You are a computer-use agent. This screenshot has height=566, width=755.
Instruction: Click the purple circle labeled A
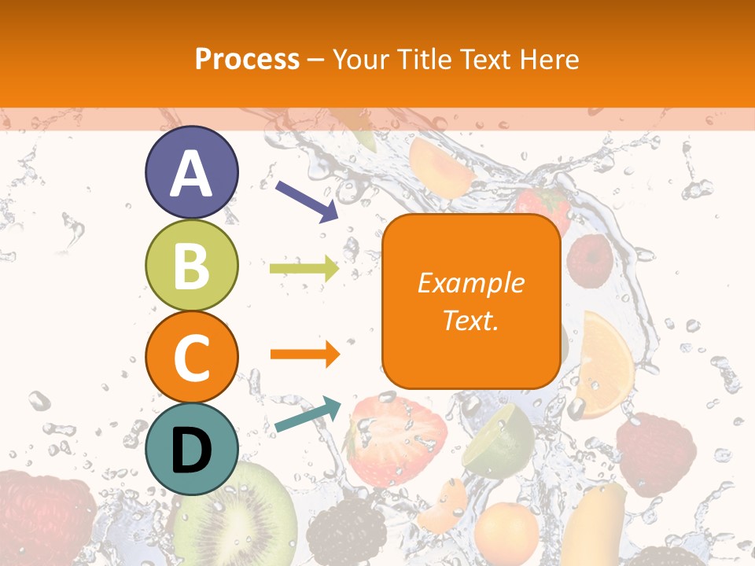pyautogui.click(x=191, y=172)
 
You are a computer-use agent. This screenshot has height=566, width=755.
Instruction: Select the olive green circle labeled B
pyautogui.click(x=191, y=265)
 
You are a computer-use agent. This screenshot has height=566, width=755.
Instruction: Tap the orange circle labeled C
pyautogui.click(x=191, y=357)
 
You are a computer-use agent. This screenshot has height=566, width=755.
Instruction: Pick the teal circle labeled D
pyautogui.click(x=191, y=449)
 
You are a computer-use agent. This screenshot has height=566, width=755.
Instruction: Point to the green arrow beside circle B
pyautogui.click(x=304, y=269)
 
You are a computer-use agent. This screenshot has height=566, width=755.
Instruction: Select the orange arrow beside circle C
pyautogui.click(x=304, y=355)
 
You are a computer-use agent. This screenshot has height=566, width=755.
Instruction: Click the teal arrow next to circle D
pyautogui.click(x=308, y=415)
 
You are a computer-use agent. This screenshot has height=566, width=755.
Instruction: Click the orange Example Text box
pyautogui.click(x=470, y=301)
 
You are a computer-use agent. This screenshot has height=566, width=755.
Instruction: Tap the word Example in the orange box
pyautogui.click(x=470, y=282)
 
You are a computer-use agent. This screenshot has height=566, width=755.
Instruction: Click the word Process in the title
pyautogui.click(x=247, y=59)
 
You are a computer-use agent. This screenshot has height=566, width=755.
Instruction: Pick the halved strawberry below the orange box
pyautogui.click(x=397, y=440)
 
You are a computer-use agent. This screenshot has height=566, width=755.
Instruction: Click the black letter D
pyautogui.click(x=191, y=450)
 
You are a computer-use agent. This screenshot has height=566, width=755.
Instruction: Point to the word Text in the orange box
pyautogui.click(x=470, y=321)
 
